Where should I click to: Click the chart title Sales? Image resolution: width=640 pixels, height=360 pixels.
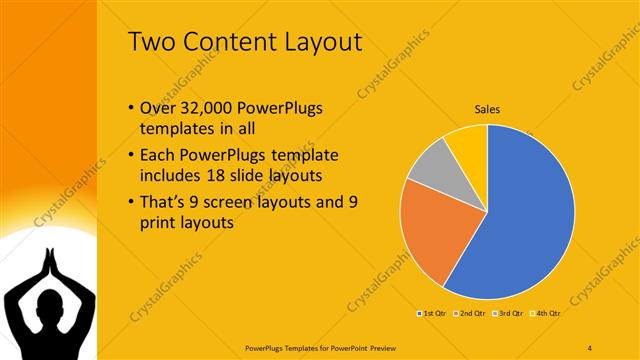pyautogui.click(x=487, y=109)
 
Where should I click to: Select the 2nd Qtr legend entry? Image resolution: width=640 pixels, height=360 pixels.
pyautogui.click(x=470, y=314)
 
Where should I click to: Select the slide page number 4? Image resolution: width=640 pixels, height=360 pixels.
pyautogui.click(x=590, y=346)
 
